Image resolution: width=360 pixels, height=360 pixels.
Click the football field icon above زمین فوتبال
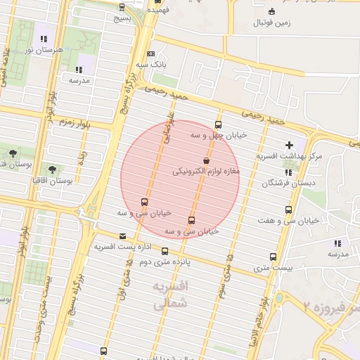coord(271,11)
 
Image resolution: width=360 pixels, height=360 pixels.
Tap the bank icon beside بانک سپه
coord(150,53)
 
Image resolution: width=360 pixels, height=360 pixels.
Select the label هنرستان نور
coord(44,49)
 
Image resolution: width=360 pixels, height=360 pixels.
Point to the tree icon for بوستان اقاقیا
coord(53,169)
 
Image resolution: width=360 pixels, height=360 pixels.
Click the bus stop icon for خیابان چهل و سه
coord(217,125)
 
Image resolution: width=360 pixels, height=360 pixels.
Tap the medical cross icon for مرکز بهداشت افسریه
coord(289,145)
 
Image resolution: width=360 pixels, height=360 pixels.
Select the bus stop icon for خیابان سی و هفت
coord(288,210)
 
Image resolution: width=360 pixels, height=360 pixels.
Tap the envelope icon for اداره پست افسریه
coord(124,236)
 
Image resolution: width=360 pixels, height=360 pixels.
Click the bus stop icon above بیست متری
coord(274,257)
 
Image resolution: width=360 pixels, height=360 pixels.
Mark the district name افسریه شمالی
coord(171,295)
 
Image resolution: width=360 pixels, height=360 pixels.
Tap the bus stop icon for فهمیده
coord(157,2)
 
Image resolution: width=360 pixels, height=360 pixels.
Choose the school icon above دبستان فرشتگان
coord(288,172)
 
